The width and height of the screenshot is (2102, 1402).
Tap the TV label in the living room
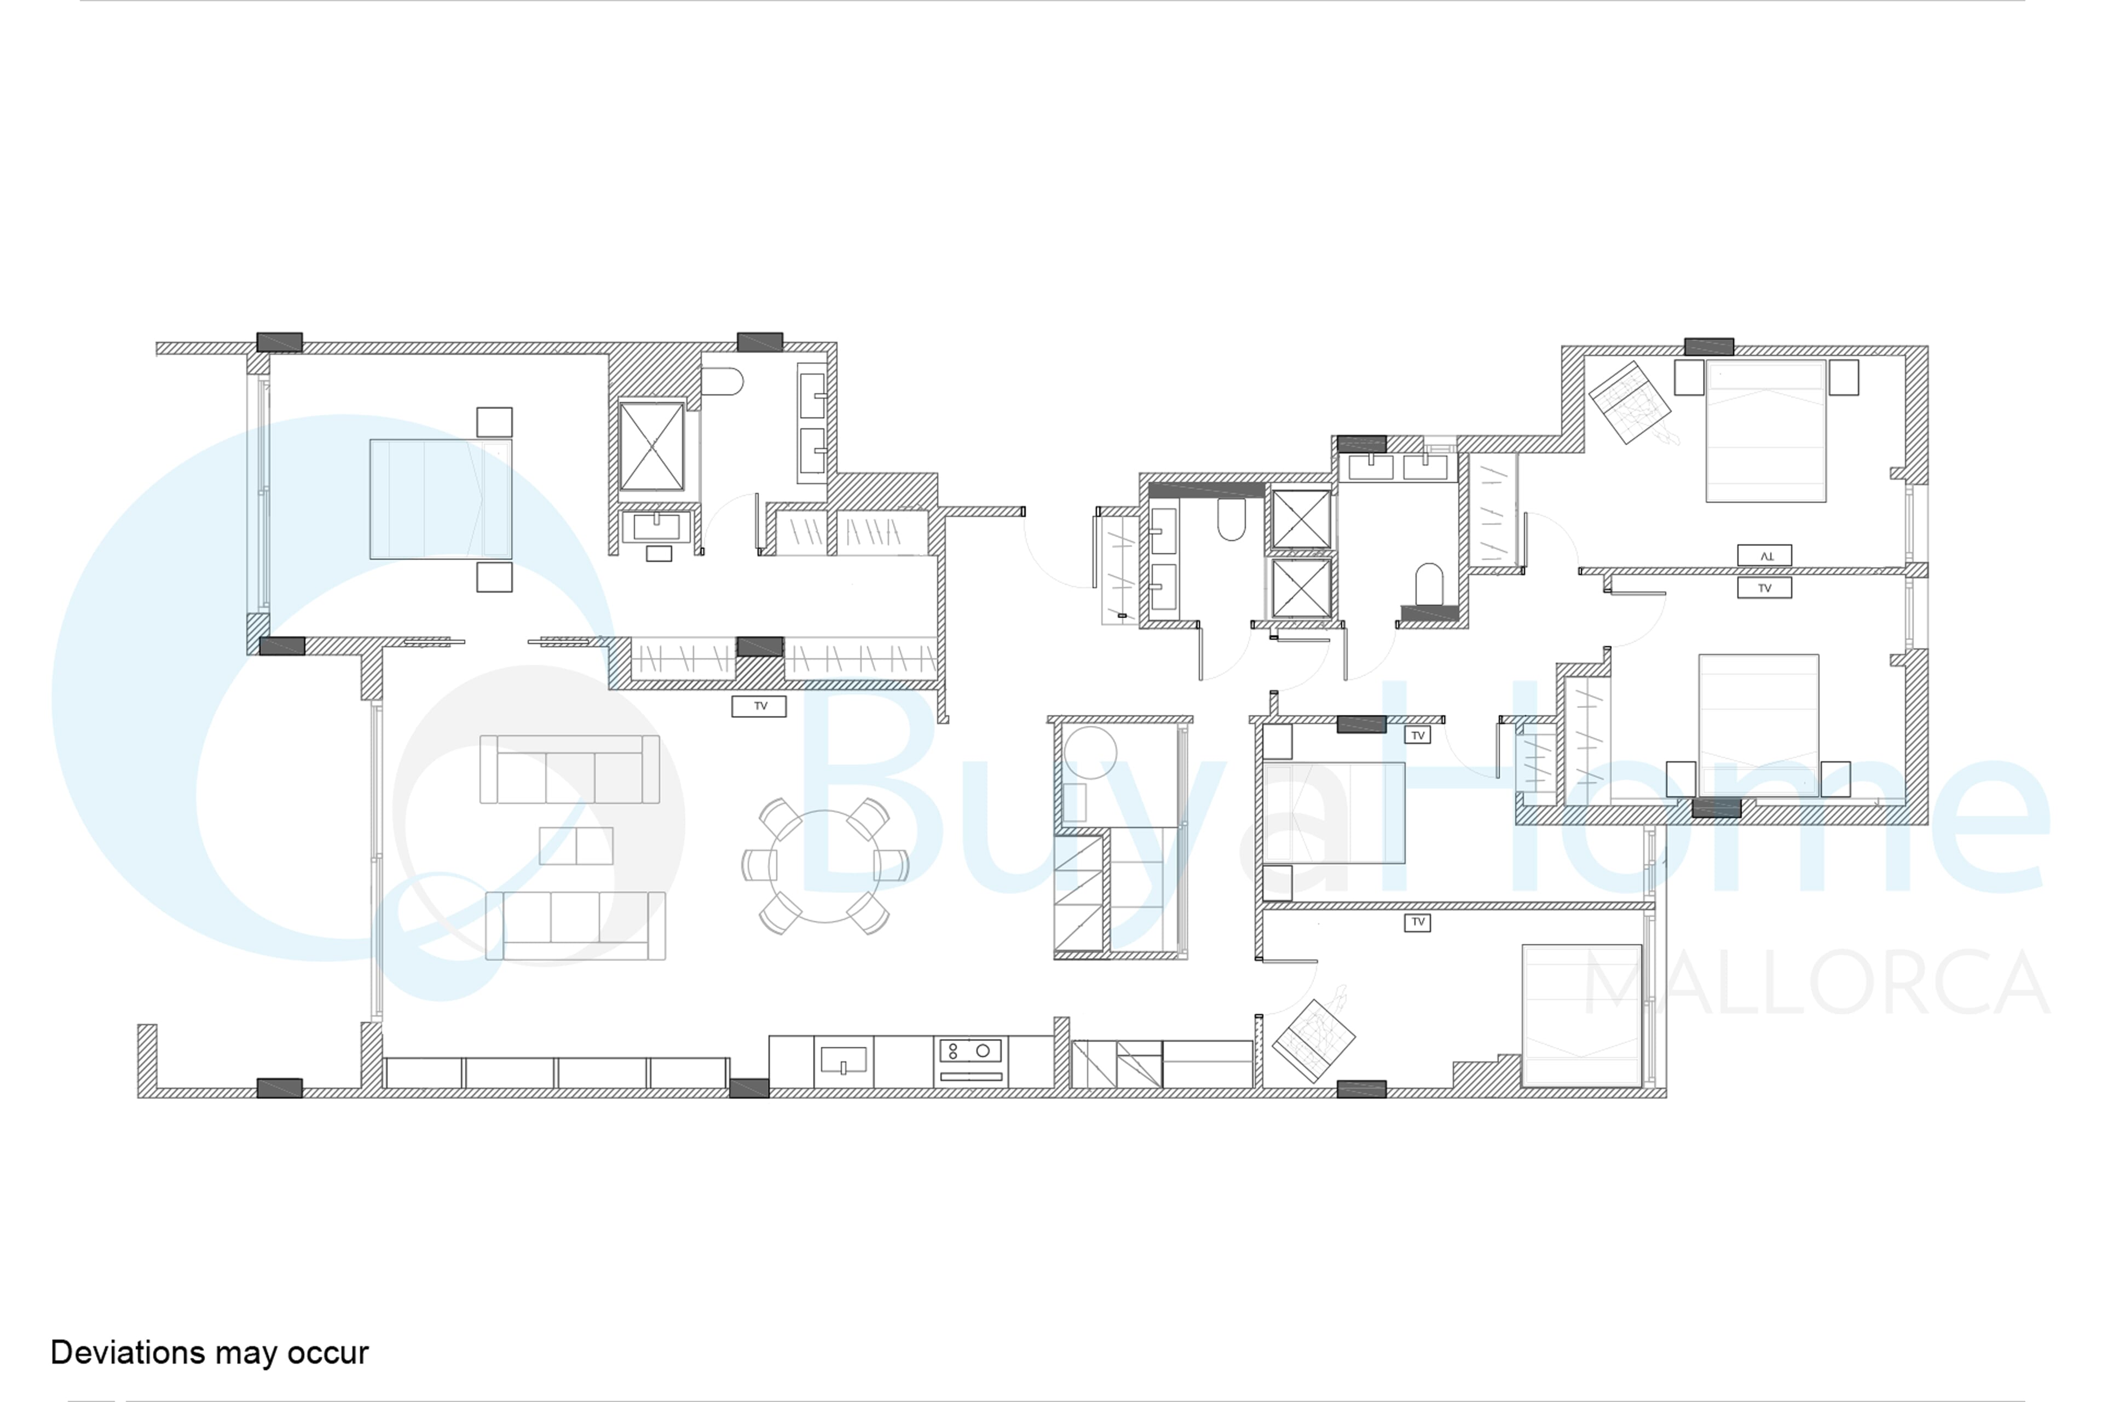[x=760, y=706]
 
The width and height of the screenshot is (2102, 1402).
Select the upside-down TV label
[x=1764, y=555]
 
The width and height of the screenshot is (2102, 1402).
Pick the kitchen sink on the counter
[x=843, y=1060]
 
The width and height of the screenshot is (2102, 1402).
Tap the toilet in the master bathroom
[x=722, y=382]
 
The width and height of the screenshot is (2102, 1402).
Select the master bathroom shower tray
[x=651, y=446]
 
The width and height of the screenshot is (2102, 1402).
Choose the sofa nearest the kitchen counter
[x=575, y=926]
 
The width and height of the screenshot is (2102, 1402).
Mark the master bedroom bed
[x=441, y=499]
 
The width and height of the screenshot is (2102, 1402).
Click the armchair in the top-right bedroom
[x=1630, y=403]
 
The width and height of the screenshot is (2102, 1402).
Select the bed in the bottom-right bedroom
[x=1582, y=1016]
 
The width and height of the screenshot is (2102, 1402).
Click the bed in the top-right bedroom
[x=1765, y=431]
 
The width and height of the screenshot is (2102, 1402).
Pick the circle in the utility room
[x=1089, y=753]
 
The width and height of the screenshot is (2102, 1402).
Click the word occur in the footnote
[x=328, y=1354]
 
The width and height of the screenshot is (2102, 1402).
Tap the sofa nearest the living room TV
[x=569, y=769]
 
